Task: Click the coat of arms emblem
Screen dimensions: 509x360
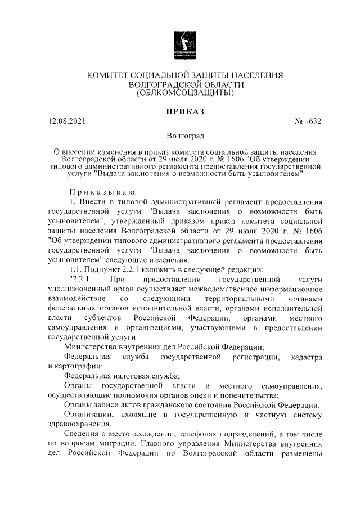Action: (x=180, y=44)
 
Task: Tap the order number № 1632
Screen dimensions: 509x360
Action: (x=308, y=121)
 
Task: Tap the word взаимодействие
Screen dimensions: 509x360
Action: (x=78, y=298)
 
